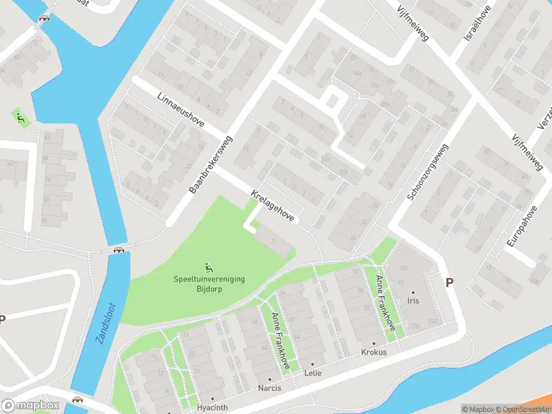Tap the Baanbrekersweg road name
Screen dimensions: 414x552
pyautogui.click(x=211, y=164)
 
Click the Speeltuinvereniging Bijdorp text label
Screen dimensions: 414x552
pyautogui.click(x=209, y=284)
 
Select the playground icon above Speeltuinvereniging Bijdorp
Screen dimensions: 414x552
pyautogui.click(x=209, y=266)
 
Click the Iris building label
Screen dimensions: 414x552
pyautogui.click(x=413, y=302)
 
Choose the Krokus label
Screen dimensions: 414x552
pyautogui.click(x=374, y=352)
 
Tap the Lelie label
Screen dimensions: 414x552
pyautogui.click(x=313, y=373)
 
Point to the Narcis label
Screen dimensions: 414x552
pyautogui.click(x=270, y=388)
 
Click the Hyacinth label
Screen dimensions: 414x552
pyautogui.click(x=213, y=408)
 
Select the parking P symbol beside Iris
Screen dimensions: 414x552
pyautogui.click(x=450, y=282)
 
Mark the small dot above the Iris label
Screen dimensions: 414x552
pyautogui.click(x=413, y=293)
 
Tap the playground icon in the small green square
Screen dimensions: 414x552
pyautogui.click(x=21, y=118)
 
